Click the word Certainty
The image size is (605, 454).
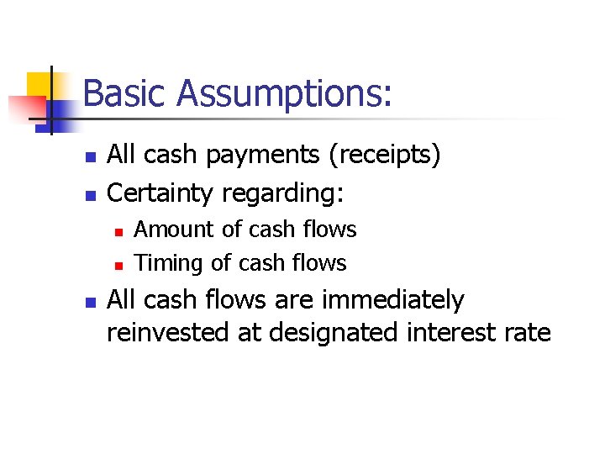point(162,194)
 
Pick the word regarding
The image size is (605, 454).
point(283,194)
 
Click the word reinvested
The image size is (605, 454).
point(167,333)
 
